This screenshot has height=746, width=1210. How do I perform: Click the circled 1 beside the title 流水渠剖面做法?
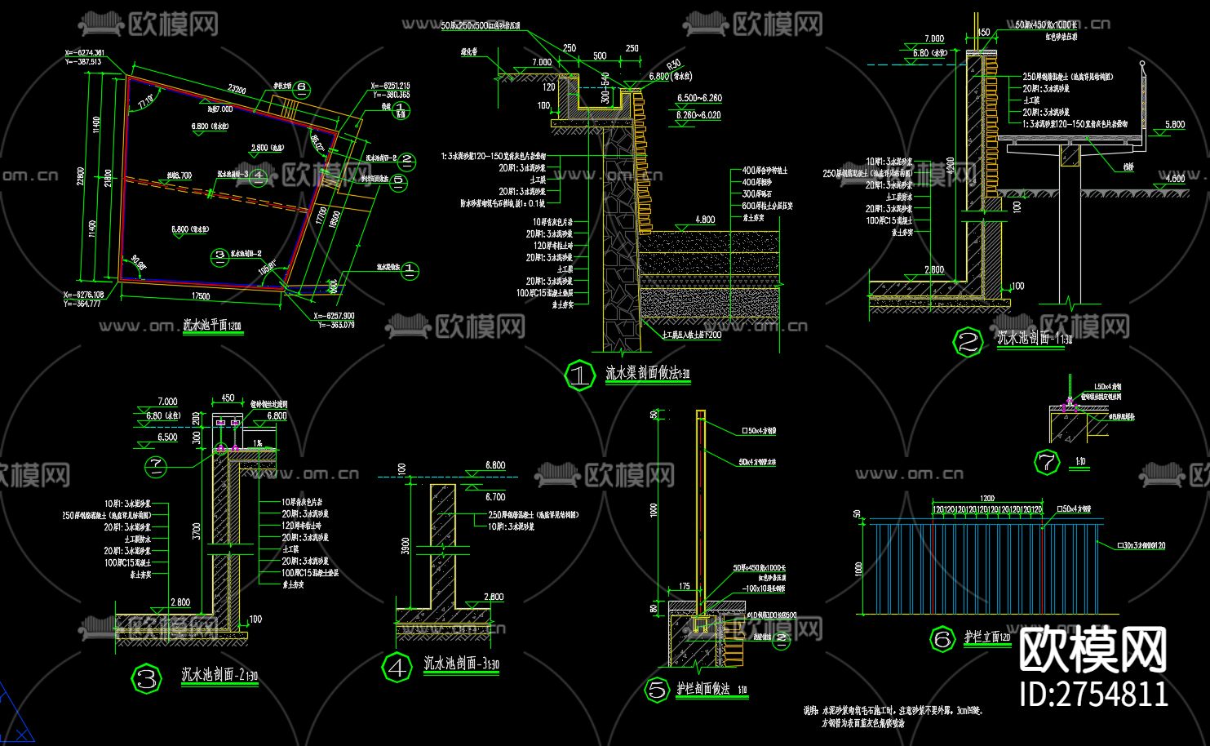(580, 375)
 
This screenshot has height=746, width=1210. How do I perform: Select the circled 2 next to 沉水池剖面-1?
(968, 342)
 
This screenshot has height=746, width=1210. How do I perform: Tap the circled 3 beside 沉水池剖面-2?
(148, 677)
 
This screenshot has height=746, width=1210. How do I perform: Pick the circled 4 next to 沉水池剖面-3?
(397, 668)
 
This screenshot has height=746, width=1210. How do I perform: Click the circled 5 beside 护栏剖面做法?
(657, 690)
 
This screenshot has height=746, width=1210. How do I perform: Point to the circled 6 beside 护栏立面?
(942, 639)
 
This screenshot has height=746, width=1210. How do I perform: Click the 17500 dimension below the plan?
(200, 295)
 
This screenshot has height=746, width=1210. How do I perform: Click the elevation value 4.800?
(705, 220)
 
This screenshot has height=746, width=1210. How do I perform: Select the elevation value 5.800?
(1174, 125)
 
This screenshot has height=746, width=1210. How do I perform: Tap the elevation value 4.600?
(1174, 179)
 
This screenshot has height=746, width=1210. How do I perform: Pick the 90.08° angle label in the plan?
(137, 264)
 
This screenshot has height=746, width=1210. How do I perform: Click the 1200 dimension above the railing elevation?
(987, 498)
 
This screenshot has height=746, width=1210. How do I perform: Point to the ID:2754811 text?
(1094, 694)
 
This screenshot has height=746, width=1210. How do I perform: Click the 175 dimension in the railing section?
(684, 587)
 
